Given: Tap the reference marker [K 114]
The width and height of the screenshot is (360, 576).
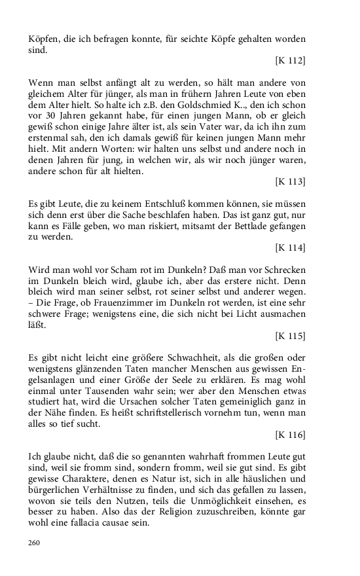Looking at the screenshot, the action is [290, 247].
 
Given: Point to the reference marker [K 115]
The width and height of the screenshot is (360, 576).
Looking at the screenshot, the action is [290, 336].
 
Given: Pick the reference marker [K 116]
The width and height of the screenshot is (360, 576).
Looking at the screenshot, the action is [290, 435].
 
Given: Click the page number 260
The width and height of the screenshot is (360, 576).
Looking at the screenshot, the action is [35, 542].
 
